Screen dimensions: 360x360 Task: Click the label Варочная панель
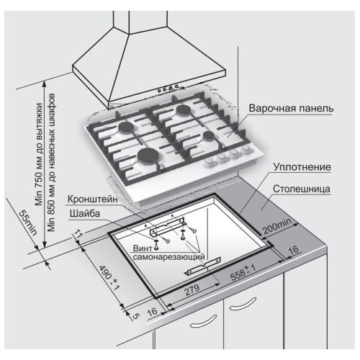point(291,108)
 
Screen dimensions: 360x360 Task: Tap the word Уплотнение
point(302,167)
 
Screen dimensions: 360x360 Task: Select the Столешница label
point(302,189)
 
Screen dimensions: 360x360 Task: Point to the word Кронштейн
point(93,199)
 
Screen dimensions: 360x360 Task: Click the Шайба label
point(84,213)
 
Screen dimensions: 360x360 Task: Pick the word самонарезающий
point(168,257)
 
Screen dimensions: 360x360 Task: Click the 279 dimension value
point(192,290)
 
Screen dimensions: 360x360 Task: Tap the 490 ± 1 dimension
point(109,278)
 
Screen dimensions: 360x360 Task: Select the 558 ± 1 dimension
point(243,272)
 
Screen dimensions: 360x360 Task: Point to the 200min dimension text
point(277,226)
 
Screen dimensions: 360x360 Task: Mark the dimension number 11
point(78,234)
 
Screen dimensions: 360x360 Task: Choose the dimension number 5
point(135,316)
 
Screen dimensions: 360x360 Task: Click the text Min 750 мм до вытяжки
point(39,154)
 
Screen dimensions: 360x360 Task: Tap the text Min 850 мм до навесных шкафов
point(51,163)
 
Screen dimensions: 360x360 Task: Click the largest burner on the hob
point(148,155)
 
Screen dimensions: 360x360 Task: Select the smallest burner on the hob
point(208,135)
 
